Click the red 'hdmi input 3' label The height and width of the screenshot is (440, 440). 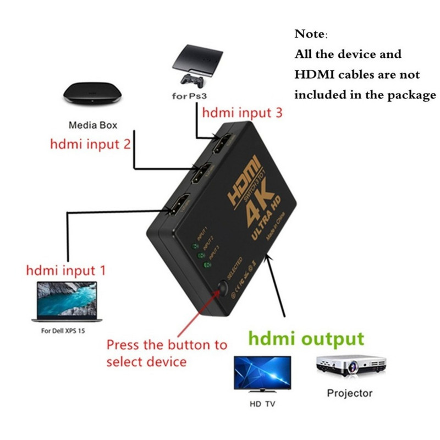coord(243,113)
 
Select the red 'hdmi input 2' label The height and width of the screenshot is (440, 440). coord(90,144)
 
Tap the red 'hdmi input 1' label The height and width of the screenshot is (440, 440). coord(66,271)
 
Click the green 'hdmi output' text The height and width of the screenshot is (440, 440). coord(306,338)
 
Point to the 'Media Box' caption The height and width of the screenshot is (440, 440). coord(93,125)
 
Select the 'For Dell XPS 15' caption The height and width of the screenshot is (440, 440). coord(64,331)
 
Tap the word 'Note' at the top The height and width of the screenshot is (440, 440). coord(310,34)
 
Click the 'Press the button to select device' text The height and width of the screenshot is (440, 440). coord(166,353)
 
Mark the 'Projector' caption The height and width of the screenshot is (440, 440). coord(349,393)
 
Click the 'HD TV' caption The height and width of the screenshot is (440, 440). coord(262,404)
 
